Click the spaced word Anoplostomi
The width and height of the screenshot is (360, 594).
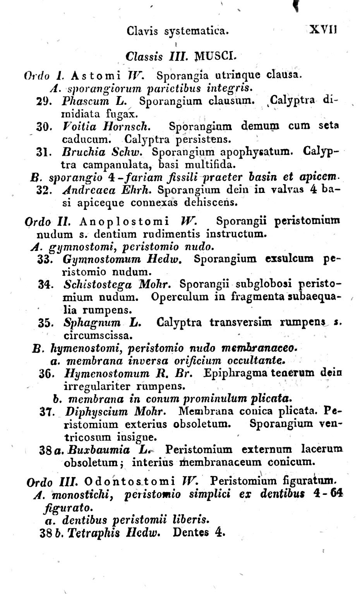[124, 221]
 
